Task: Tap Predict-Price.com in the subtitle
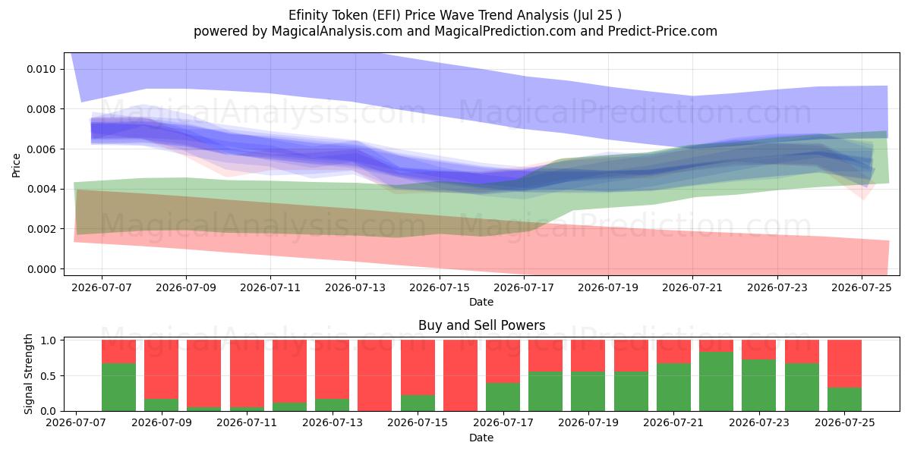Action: coord(663,31)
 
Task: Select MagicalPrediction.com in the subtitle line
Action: coord(505,31)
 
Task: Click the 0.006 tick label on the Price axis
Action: coord(41,149)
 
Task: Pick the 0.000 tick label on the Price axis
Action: coord(41,269)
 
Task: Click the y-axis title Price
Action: coord(16,165)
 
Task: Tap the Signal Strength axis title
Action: coord(28,374)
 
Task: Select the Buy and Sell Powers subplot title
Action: coord(481,325)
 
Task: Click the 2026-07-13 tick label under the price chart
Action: coord(355,287)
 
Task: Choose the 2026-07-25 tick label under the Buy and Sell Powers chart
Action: coord(845,422)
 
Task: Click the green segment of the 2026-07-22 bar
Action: coord(716,381)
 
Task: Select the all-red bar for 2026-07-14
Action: coord(374,375)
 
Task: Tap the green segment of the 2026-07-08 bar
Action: coord(118,388)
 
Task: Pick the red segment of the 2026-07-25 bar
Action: coord(844,363)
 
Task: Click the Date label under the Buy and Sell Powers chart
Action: coord(481,438)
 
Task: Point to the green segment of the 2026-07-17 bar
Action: coord(503,397)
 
